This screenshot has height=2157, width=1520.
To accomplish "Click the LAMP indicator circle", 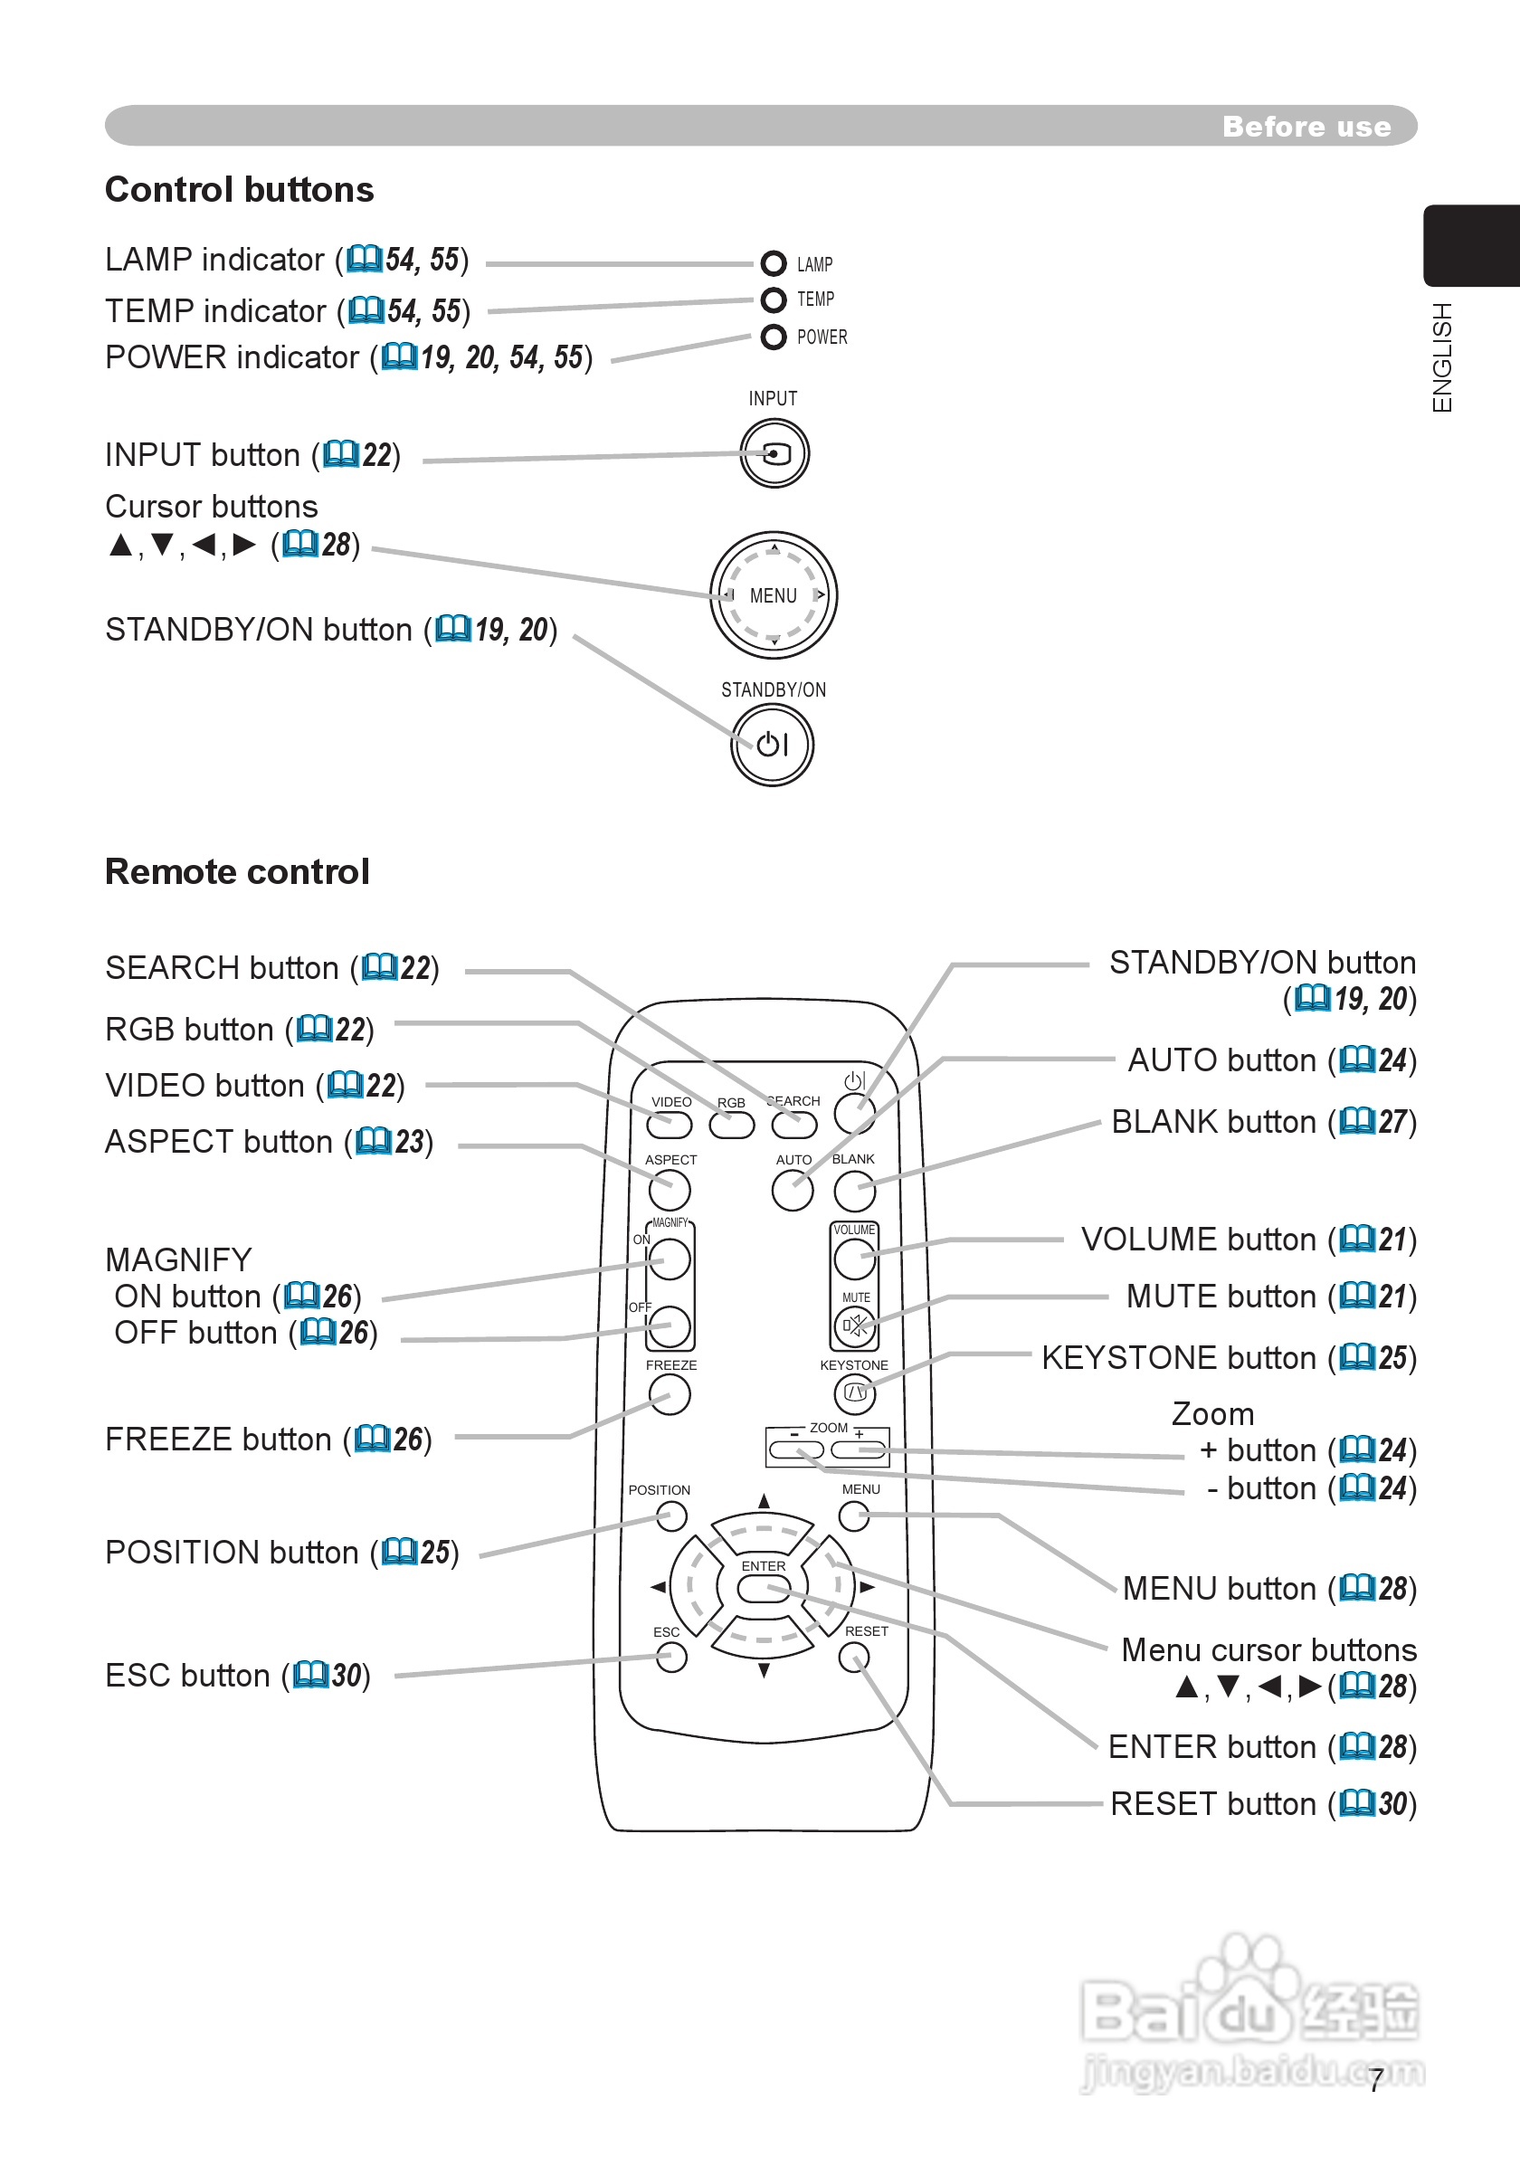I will (774, 264).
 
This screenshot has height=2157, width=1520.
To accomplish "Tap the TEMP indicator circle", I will (774, 299).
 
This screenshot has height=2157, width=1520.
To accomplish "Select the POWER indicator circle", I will (774, 337).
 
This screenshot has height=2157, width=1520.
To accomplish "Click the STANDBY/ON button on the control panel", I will (772, 745).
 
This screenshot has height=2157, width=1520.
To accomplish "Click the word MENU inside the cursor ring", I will (774, 595).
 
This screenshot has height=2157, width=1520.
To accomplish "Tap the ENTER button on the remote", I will (764, 1589).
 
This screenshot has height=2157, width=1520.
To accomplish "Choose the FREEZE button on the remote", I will (670, 1394).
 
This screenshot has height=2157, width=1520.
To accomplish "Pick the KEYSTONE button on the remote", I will (855, 1393).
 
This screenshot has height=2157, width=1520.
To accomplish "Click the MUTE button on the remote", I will (855, 1326).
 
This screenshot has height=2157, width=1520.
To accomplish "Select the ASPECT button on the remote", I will (670, 1192).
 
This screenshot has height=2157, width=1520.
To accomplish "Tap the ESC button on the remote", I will (670, 1658).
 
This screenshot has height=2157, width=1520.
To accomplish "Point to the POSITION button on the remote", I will (670, 1516).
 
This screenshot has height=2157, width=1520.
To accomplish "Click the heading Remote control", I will (237, 872).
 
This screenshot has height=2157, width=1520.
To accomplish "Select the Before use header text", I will (1306, 127).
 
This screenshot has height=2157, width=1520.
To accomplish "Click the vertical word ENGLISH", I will (1442, 357).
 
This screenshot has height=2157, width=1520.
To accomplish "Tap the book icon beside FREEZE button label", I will (373, 1439).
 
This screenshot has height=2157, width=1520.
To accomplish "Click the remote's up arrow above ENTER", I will (764, 1501).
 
